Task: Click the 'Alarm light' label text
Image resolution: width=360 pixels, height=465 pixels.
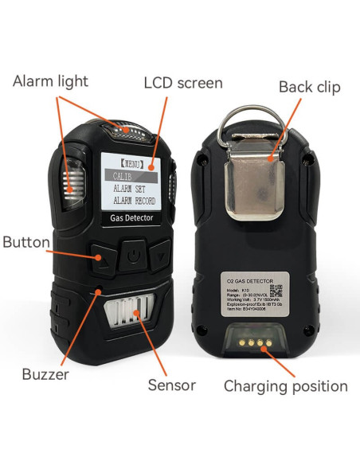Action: click(50, 80)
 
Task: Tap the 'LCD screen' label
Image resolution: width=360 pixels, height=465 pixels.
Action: click(183, 83)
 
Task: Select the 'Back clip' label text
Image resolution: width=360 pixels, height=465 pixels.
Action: click(308, 86)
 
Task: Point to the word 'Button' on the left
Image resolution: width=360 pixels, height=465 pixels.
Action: click(26, 242)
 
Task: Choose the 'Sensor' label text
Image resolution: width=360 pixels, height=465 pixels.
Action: click(171, 385)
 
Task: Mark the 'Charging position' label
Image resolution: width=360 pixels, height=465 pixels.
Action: click(285, 386)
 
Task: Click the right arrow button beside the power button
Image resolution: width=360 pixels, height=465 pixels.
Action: click(162, 256)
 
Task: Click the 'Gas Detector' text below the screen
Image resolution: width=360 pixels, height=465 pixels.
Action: click(131, 217)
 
